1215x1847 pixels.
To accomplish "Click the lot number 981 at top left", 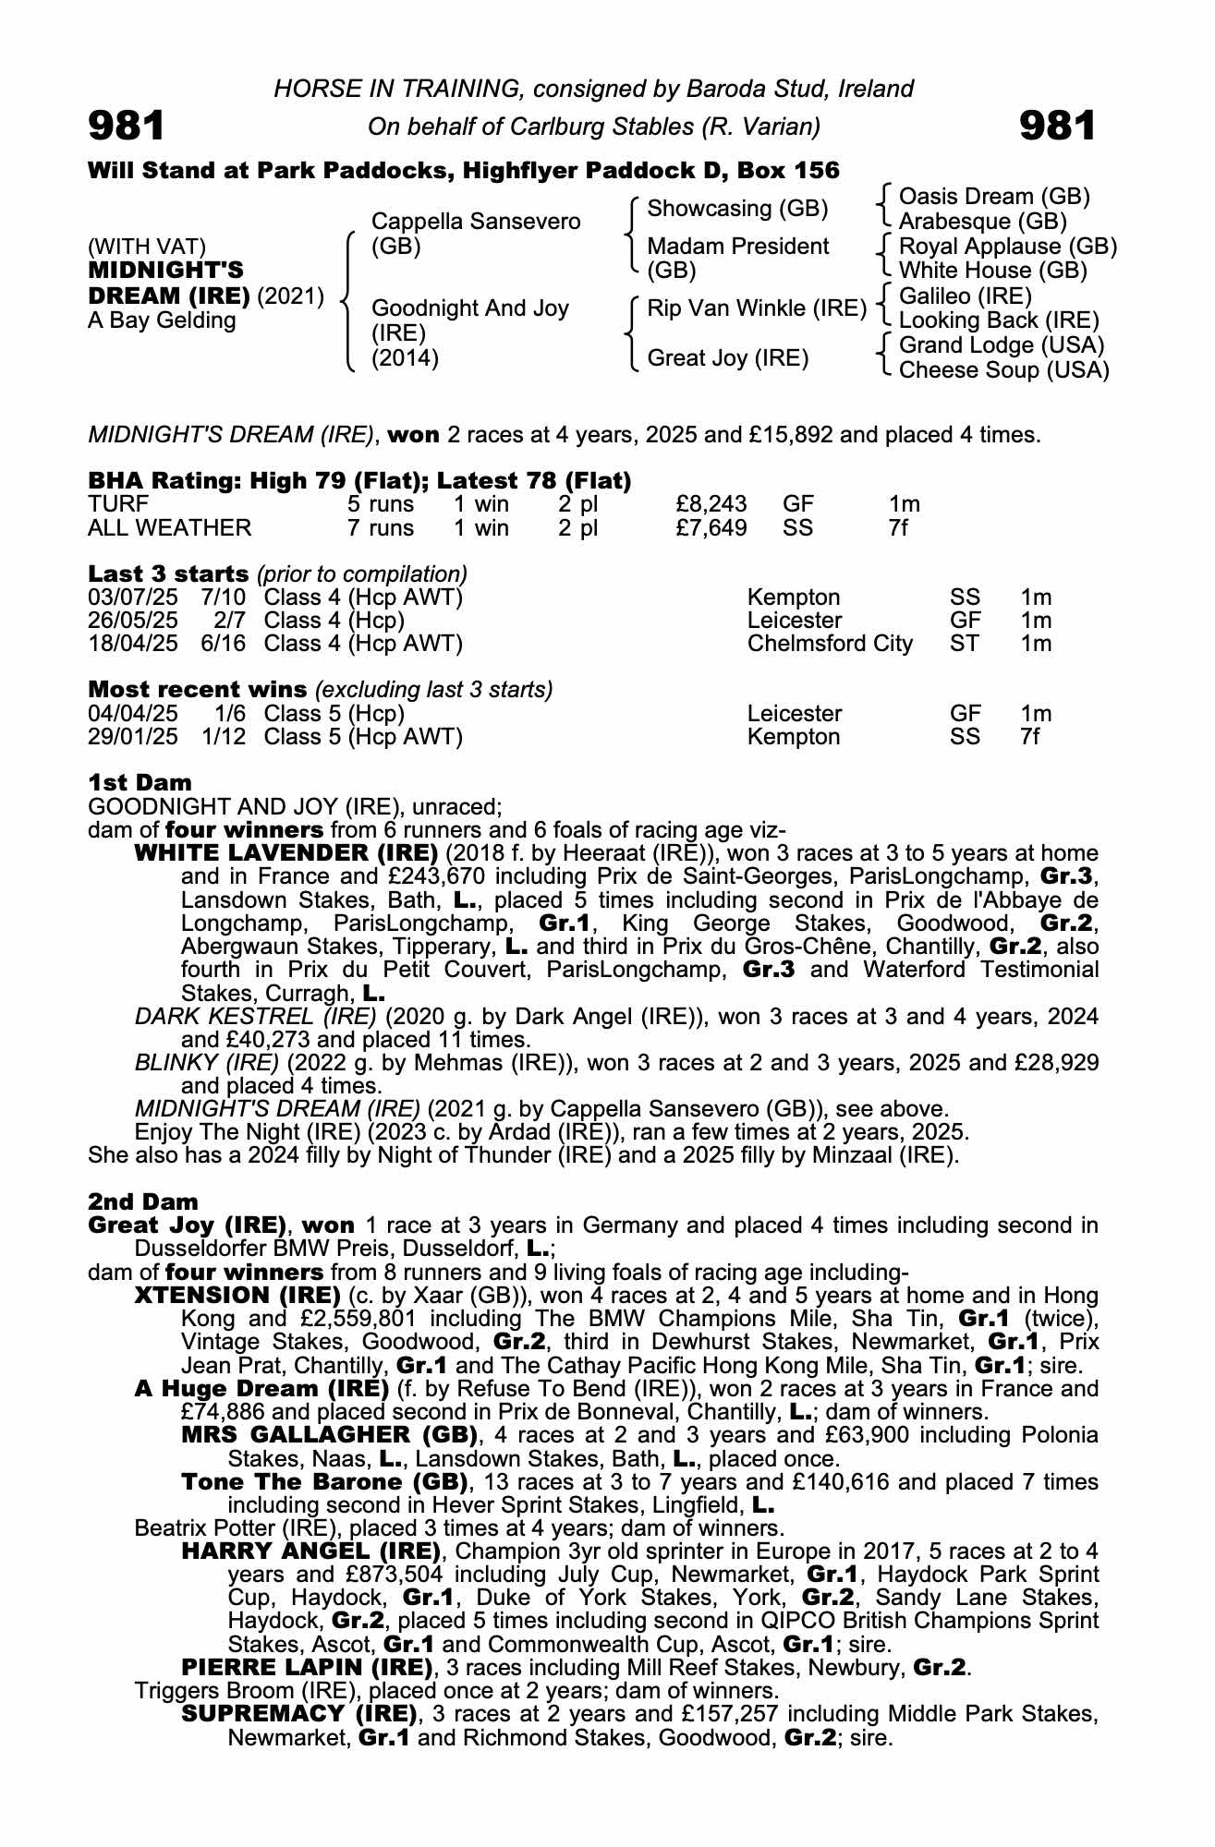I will (127, 126).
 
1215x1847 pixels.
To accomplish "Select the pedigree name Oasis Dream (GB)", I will (993, 197).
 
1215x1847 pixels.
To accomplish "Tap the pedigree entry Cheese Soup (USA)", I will (1003, 369).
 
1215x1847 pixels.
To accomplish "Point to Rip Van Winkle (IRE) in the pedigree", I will (757, 308).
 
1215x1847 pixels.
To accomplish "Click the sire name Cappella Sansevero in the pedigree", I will (475, 222).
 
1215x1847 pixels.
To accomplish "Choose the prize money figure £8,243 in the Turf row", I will (711, 504).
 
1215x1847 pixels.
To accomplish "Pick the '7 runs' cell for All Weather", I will (381, 527).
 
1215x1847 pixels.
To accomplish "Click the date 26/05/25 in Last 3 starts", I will (132, 620).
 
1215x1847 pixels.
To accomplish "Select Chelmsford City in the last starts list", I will (829, 644).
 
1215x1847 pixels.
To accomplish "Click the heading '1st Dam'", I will (140, 783).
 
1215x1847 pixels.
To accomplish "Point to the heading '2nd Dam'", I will (143, 1201).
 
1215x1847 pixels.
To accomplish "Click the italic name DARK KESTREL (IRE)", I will (255, 1017).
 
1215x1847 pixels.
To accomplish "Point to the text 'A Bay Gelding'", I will (162, 320).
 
